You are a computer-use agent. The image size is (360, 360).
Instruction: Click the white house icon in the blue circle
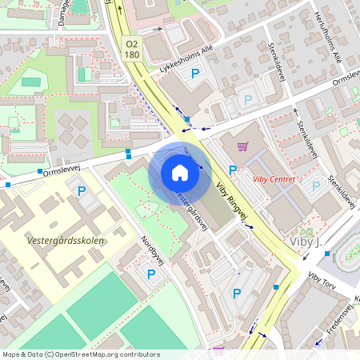click(180, 173)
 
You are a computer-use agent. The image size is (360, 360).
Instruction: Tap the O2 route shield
click(133, 45)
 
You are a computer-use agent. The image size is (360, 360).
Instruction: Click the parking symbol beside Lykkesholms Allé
click(194, 74)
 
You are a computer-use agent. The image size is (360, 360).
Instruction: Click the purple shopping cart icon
click(243, 146)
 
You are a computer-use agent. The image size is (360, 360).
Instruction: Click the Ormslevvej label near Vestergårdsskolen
click(62, 169)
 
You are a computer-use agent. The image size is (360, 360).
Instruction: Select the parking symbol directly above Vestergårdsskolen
click(81, 192)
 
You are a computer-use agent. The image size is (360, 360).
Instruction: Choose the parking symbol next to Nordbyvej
click(151, 274)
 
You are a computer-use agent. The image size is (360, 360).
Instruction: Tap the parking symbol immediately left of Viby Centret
click(233, 170)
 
